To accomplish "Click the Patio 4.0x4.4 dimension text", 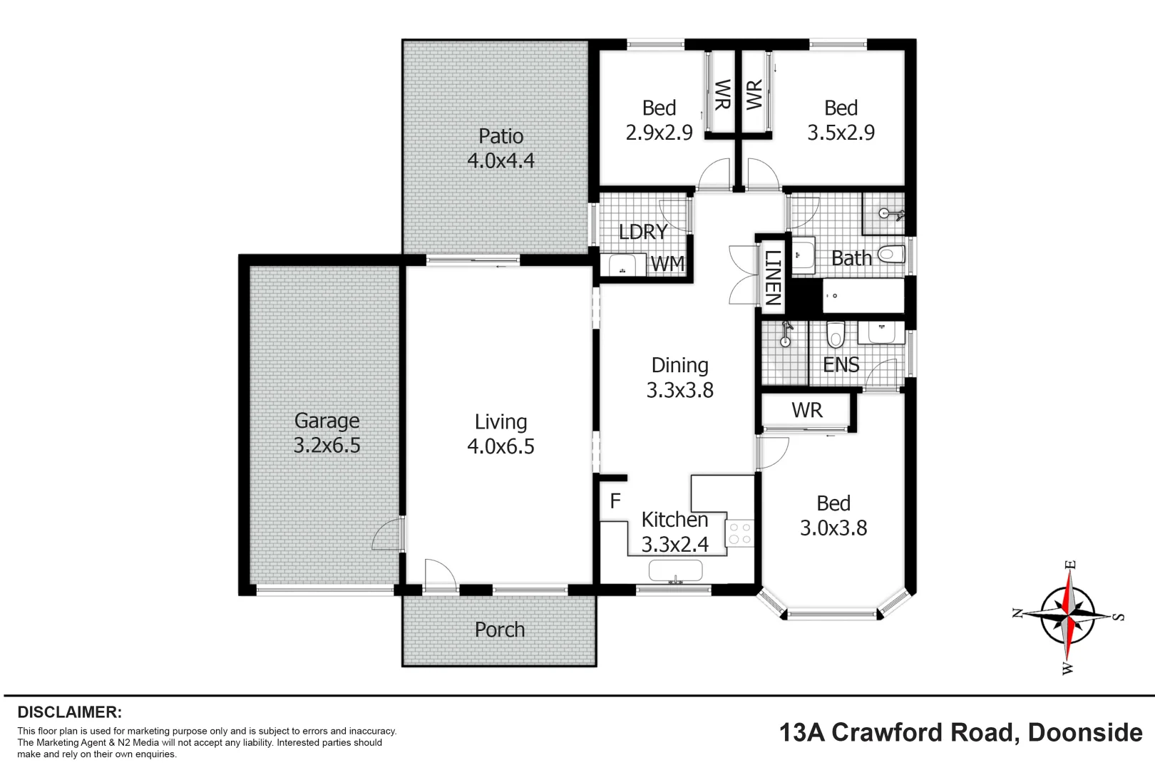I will point(500,161).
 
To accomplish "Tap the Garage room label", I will point(327,421).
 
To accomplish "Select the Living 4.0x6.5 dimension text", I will point(500,447).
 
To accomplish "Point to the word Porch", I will point(499,630).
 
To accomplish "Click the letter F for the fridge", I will point(615,501).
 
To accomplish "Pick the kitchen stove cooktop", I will point(740,534).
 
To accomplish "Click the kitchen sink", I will point(675,570).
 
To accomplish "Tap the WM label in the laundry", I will point(668,264).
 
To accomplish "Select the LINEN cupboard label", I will point(773,278).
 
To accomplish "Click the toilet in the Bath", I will point(892,254).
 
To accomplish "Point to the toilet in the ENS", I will point(835,334).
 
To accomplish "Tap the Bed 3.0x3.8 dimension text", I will point(833,528).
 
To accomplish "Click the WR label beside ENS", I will point(806,411).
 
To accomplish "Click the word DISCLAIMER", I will point(69,712).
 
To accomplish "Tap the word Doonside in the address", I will point(1085,733).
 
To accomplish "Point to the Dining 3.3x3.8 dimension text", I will point(679,391).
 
